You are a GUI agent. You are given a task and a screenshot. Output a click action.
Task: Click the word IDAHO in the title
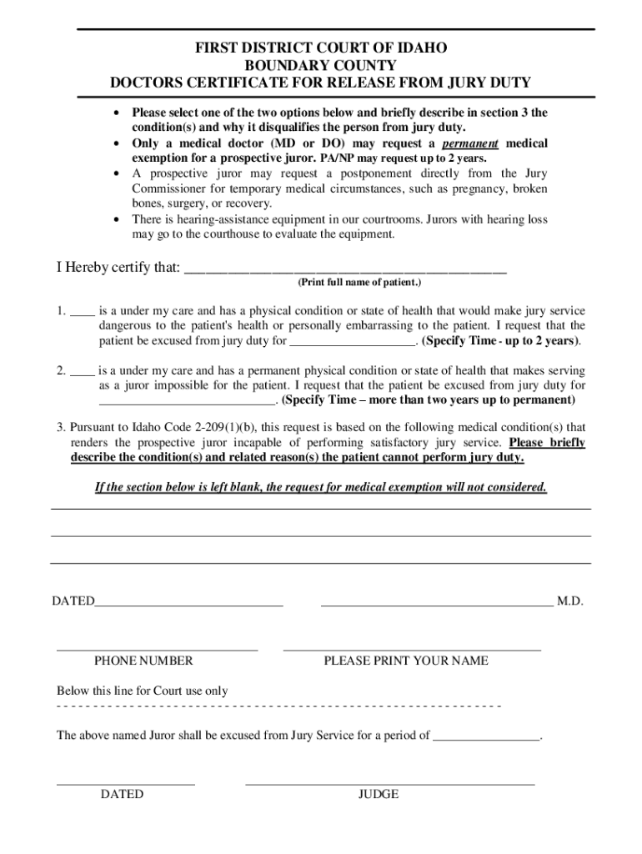pos(420,48)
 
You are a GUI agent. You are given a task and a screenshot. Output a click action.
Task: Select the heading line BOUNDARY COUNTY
pos(320,65)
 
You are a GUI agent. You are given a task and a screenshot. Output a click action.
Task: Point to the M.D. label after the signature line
pos(569,600)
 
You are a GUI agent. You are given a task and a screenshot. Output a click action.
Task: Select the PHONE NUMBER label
pos(143,661)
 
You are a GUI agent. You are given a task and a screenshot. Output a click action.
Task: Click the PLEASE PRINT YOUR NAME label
pos(406,661)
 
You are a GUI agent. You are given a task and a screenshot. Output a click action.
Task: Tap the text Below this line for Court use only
pos(142,691)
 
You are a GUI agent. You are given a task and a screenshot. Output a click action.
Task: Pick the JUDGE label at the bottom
pos(379,794)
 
